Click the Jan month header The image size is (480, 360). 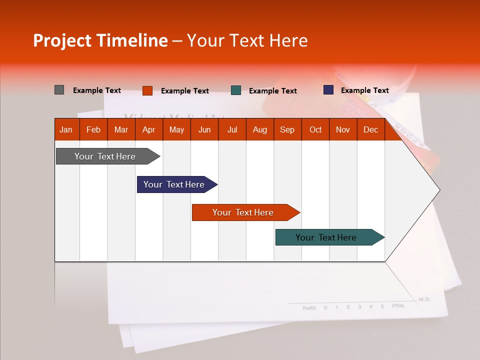click(66, 129)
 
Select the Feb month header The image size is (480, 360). click(93, 129)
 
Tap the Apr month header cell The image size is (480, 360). click(148, 129)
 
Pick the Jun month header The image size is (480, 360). click(204, 129)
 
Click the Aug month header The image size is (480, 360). click(259, 129)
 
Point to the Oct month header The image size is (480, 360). click(315, 129)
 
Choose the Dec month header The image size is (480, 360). click(370, 129)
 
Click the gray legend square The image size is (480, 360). click(59, 90)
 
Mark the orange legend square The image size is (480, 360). click(147, 90)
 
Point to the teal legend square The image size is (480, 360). click(236, 90)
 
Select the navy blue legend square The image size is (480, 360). click(328, 90)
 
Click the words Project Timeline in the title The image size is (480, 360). click(100, 40)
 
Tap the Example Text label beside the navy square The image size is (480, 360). click(364, 90)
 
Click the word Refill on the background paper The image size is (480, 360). click(309, 308)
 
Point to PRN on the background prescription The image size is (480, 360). click(397, 305)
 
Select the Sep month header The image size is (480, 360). click(287, 129)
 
